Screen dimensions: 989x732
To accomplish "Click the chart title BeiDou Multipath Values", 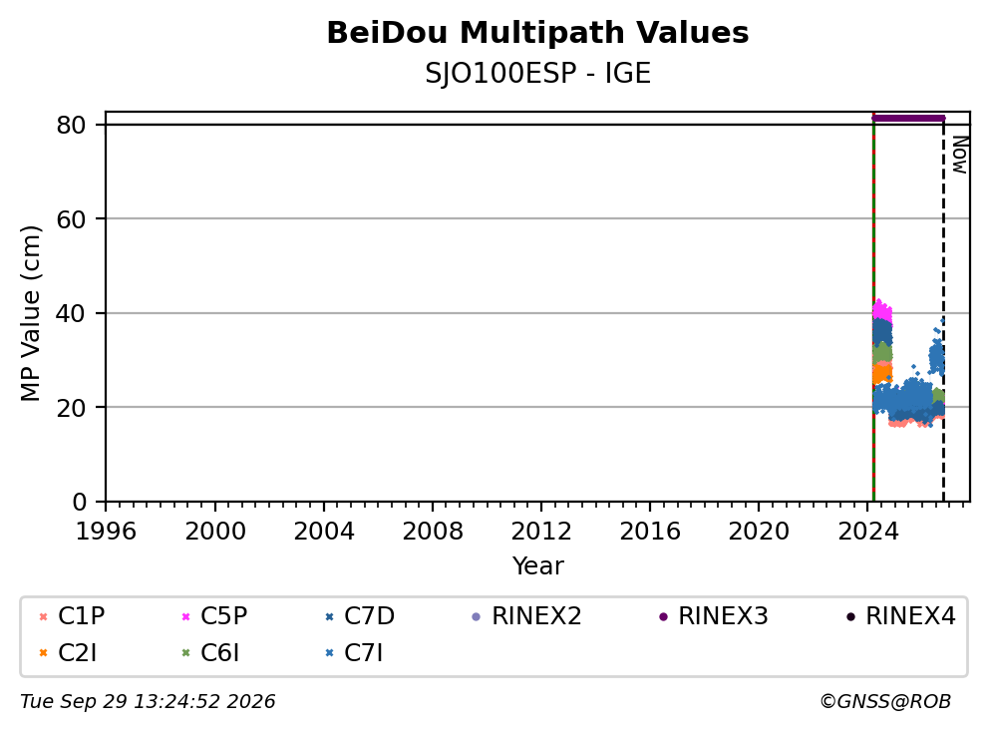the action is (x=537, y=33).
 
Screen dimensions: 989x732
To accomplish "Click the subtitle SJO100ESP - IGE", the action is (x=537, y=74).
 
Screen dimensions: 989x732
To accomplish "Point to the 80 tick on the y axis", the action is (x=71, y=125).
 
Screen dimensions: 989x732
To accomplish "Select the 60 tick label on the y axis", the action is (x=71, y=219).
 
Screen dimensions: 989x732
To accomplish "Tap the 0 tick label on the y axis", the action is (x=79, y=502).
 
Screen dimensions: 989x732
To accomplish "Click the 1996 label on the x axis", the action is (x=106, y=532).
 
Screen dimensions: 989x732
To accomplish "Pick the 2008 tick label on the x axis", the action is (x=433, y=532).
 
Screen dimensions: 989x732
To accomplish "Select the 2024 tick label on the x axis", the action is (x=868, y=532).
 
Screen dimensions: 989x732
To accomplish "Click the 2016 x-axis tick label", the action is (x=650, y=532).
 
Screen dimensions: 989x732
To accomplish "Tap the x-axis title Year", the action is (x=537, y=566).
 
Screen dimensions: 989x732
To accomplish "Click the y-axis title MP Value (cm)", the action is (x=30, y=313).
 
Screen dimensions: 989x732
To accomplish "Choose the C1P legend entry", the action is (x=71, y=616).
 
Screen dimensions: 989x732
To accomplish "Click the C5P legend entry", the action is (x=214, y=616).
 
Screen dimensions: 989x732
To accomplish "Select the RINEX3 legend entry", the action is (x=714, y=616).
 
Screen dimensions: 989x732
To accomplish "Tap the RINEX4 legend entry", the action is (x=900, y=616).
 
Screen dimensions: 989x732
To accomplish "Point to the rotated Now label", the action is (x=960, y=155).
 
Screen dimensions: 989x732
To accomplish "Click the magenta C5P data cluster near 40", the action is (x=881, y=310).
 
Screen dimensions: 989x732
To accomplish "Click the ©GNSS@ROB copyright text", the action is (x=885, y=702).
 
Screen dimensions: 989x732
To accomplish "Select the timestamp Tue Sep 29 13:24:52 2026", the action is (x=148, y=702).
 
